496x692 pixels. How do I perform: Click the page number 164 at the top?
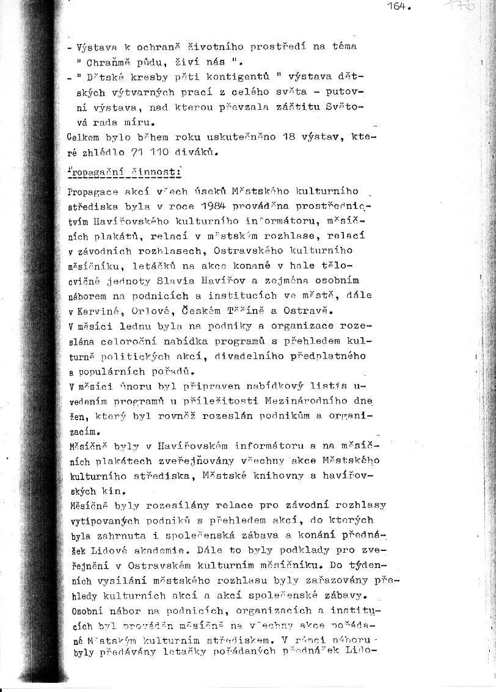pyautogui.click(x=398, y=7)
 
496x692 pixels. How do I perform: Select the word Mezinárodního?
pyautogui.click(x=309, y=401)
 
